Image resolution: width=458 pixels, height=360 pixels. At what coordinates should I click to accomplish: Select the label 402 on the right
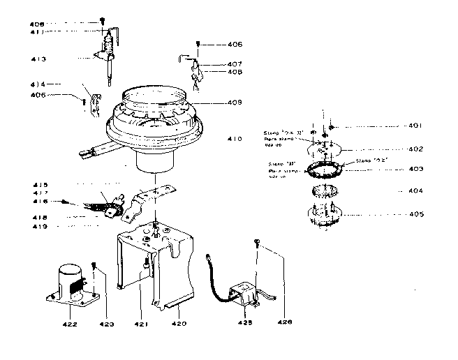tap(416, 149)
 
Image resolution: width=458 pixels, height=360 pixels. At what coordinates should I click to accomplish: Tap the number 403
tap(416, 169)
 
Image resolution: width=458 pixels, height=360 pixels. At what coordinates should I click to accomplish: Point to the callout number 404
tap(416, 190)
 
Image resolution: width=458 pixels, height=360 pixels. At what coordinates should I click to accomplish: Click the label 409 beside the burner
tap(234, 103)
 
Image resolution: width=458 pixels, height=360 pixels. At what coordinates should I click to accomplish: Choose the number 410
tap(235, 139)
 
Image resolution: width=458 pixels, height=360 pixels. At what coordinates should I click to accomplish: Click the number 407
tap(235, 63)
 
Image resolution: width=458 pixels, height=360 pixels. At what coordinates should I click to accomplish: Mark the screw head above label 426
tap(258, 243)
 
